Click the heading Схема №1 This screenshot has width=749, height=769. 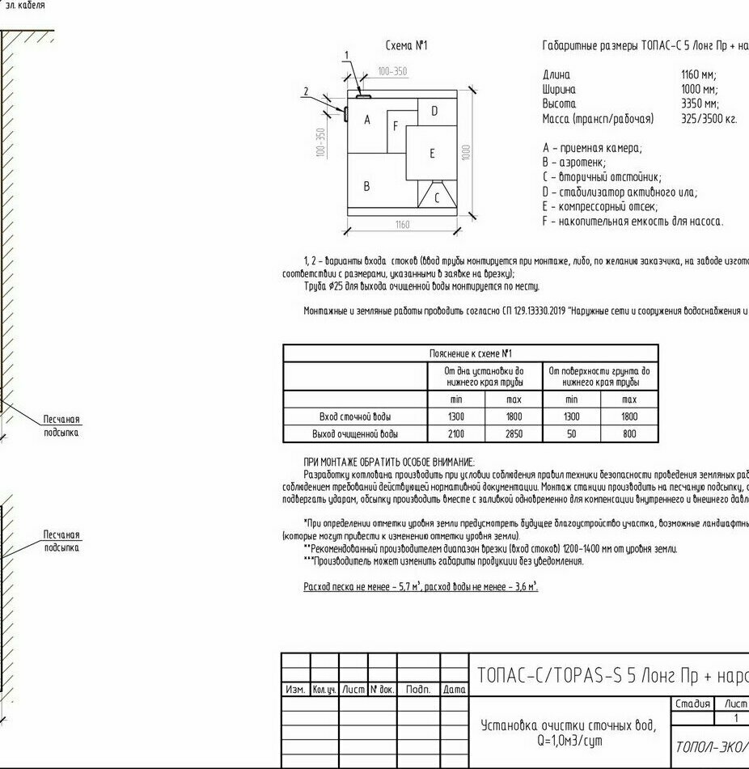[406, 46]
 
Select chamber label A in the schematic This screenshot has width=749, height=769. [367, 120]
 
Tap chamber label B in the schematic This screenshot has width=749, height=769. [366, 186]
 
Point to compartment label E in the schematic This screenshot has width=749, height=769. [432, 154]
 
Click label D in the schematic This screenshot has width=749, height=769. [434, 111]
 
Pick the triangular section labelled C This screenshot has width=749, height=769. [437, 197]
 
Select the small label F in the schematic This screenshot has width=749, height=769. [396, 126]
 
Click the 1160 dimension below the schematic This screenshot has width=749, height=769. [402, 225]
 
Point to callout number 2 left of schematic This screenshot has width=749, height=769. [307, 91]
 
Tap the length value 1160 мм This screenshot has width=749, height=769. [700, 75]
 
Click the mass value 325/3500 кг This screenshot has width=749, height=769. [709, 119]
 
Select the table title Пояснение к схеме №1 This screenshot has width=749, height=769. [470, 353]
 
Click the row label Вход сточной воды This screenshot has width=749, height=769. [355, 417]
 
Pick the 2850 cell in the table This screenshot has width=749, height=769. [514, 434]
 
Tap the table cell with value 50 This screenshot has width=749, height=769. [571, 434]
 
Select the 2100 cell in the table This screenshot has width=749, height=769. [456, 434]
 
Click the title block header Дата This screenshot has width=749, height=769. [455, 690]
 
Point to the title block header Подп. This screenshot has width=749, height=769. [417, 690]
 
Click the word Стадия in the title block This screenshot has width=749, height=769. [692, 704]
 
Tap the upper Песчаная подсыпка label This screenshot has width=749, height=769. [61, 426]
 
